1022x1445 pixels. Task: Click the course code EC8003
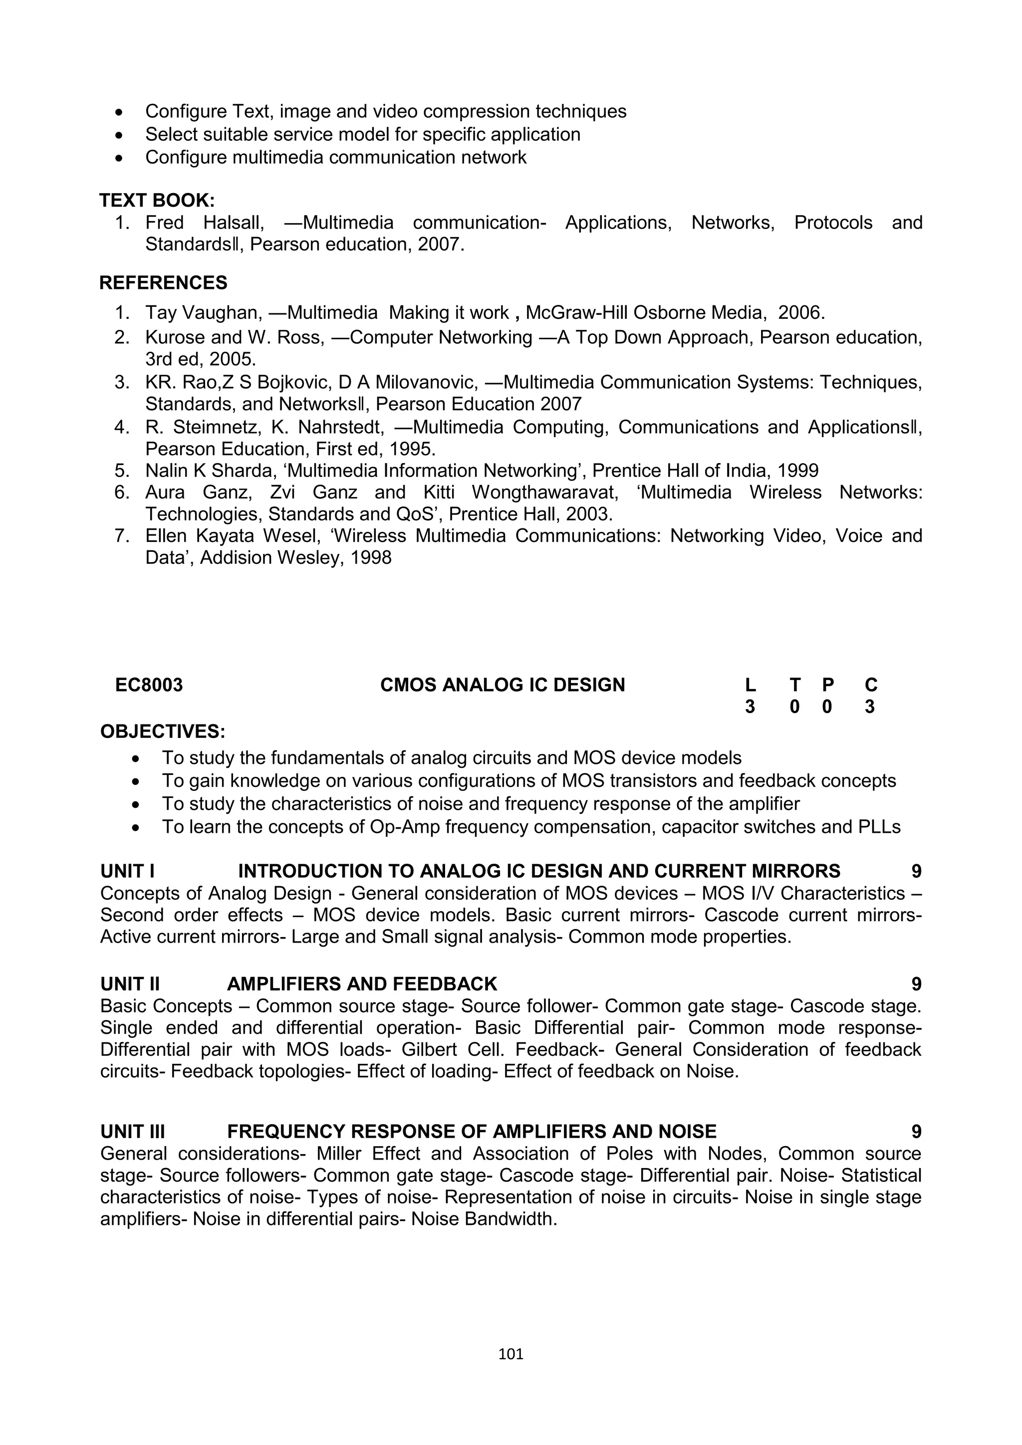(x=149, y=685)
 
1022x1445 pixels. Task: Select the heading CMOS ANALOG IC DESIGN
(x=502, y=685)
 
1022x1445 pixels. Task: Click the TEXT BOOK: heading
(x=157, y=200)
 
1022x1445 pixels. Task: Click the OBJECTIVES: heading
(x=162, y=731)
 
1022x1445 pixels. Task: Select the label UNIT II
(x=130, y=983)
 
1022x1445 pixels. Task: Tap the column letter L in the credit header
(x=750, y=685)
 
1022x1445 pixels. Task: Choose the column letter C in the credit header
(x=871, y=685)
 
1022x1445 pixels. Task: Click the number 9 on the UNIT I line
(x=916, y=872)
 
